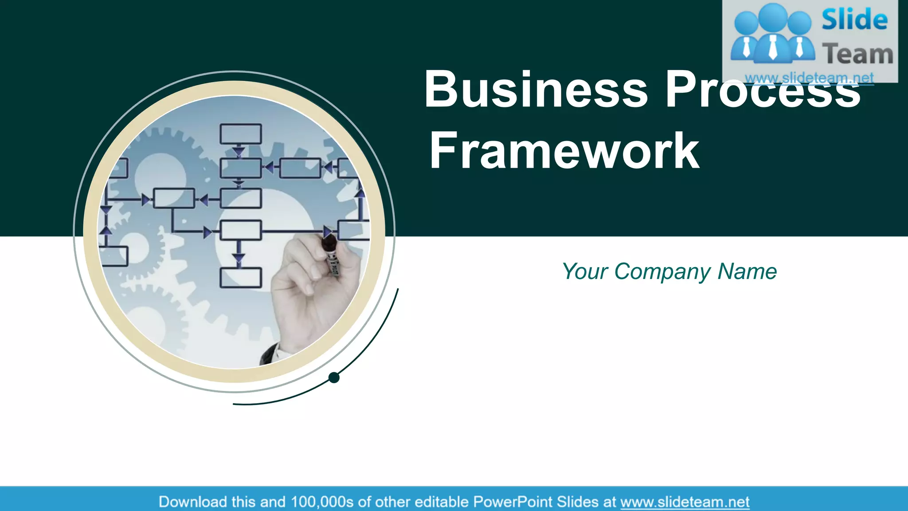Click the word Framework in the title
click(x=564, y=151)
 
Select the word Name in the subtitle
click(x=747, y=271)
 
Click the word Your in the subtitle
click(x=584, y=271)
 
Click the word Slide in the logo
click(x=854, y=20)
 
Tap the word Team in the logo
click(x=857, y=54)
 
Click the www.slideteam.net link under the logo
click(x=809, y=78)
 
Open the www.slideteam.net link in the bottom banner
click(x=685, y=502)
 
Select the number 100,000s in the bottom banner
click(x=322, y=502)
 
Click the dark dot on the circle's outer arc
click(x=334, y=377)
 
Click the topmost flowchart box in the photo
click(x=241, y=134)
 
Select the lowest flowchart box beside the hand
click(x=241, y=278)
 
